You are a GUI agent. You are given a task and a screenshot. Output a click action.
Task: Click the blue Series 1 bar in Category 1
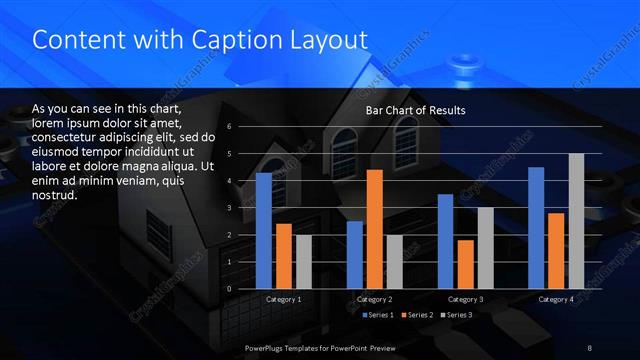[264, 231]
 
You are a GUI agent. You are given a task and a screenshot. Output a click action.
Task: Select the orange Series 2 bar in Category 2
[375, 229]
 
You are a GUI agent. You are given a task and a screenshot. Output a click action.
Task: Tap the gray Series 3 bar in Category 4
[576, 221]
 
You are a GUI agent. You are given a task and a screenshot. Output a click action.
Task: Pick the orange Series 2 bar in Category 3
[465, 264]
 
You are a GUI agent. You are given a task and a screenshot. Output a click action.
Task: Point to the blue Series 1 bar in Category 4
[536, 228]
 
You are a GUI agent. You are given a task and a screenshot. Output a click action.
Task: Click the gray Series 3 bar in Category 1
[303, 262]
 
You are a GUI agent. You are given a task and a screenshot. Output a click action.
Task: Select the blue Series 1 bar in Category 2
[355, 255]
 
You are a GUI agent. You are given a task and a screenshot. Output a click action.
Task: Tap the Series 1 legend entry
[376, 315]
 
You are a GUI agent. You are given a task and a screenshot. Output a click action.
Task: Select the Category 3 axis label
[466, 299]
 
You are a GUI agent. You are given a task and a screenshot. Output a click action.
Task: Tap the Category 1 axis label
[284, 299]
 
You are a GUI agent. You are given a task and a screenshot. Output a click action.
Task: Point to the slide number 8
[591, 347]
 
